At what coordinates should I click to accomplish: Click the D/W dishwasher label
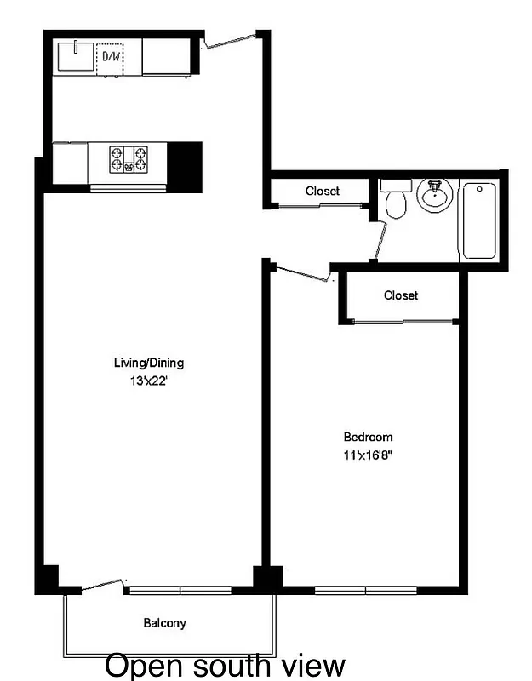(111, 57)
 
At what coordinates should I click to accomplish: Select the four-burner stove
(129, 159)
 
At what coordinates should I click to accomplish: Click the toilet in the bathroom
(395, 201)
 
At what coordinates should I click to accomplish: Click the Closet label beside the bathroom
(323, 192)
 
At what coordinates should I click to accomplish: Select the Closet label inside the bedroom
(401, 295)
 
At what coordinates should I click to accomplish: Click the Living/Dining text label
(149, 363)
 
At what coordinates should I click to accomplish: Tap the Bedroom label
(367, 438)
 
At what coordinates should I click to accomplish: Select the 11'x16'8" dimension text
(367, 455)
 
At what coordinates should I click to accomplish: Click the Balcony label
(164, 623)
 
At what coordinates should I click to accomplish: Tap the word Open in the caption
(138, 665)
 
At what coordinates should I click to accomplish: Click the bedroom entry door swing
(302, 272)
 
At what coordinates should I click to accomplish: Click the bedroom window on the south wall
(366, 589)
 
